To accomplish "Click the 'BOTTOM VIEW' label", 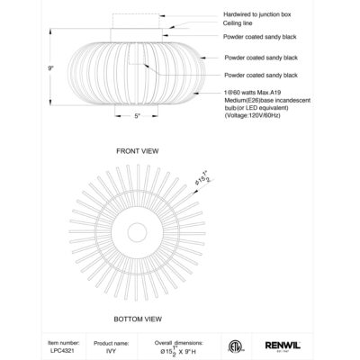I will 138,319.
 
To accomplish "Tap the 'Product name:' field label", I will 114,343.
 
